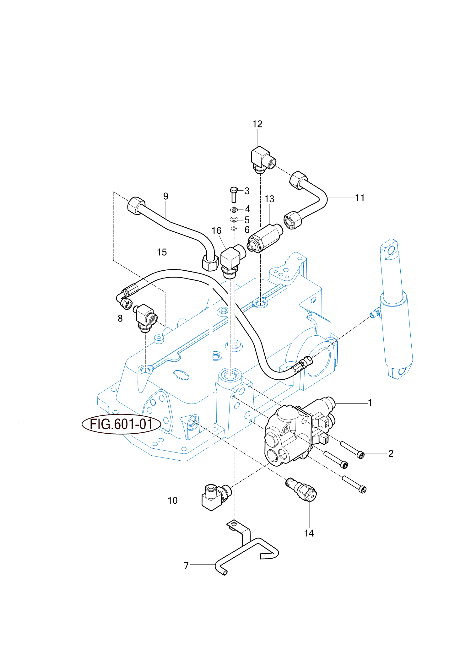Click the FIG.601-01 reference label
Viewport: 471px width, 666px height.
pos(121,424)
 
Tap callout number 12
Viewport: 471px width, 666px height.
pos(257,124)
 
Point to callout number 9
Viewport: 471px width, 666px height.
pos(166,196)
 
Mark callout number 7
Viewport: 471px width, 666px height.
pos(186,566)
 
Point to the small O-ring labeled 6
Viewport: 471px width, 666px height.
pos(234,229)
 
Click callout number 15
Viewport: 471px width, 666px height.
pos(162,252)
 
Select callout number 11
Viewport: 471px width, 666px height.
pos(360,198)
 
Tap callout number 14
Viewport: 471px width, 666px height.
pos(309,533)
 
